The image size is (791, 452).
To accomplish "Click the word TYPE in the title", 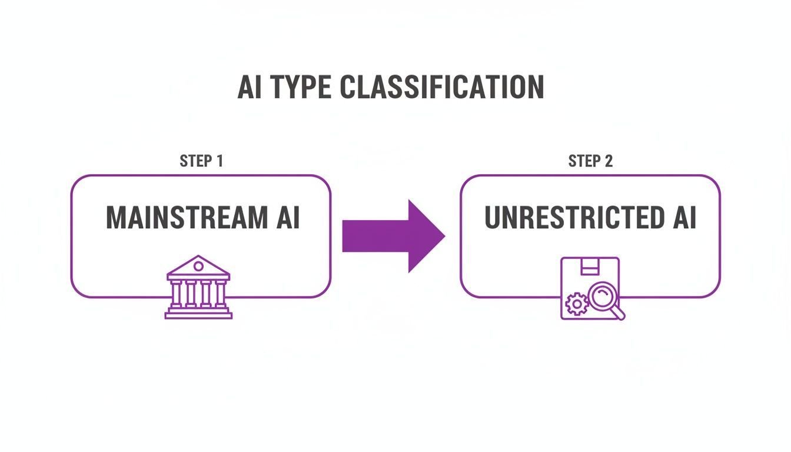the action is tap(301, 87).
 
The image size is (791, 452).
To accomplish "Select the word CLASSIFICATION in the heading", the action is tap(442, 87).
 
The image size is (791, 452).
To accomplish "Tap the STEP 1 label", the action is tap(201, 161).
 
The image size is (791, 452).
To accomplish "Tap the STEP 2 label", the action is tap(590, 161).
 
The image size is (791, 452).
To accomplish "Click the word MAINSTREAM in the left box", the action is tap(187, 218).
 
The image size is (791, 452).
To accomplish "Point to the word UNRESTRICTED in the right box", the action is tap(574, 218).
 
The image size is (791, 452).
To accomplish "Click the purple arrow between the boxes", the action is tap(393, 236).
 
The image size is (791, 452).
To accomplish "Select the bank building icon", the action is tap(198, 287).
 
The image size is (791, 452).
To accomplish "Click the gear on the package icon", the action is tap(577, 304).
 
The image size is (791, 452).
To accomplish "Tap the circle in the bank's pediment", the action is tap(198, 266).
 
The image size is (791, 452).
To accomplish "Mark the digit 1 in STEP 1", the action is tap(220, 161).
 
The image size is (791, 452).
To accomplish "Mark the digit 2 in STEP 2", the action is tap(609, 161).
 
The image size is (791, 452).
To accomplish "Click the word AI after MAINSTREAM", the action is tap(288, 218).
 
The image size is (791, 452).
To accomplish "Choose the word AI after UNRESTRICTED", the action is tap(684, 218).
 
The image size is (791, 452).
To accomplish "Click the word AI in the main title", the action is tap(250, 87).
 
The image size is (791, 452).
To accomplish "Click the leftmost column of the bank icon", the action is tap(175, 294).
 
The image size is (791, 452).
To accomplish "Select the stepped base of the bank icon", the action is tap(198, 313).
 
